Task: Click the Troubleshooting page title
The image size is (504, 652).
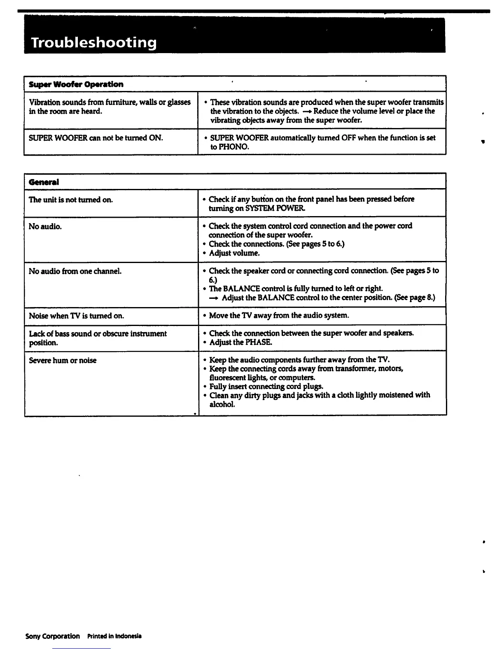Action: pyautogui.click(x=94, y=42)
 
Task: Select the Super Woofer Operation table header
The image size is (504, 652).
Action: pyautogui.click(x=76, y=84)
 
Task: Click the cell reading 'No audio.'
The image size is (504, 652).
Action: pyautogui.click(x=45, y=226)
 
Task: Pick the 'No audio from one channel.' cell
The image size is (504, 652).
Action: pyautogui.click(x=75, y=271)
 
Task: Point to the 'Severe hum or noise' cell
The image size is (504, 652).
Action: pyautogui.click(x=63, y=361)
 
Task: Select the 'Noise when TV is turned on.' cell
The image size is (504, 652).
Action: pyautogui.click(x=76, y=316)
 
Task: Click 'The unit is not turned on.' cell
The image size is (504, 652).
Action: pyautogui.click(x=71, y=200)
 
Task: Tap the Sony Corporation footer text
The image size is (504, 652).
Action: pyautogui.click(x=53, y=636)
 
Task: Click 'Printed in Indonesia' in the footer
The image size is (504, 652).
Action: pyautogui.click(x=114, y=636)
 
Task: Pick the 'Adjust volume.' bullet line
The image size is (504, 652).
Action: pyautogui.click(x=234, y=253)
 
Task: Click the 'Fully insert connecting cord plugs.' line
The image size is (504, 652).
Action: pyautogui.click(x=266, y=387)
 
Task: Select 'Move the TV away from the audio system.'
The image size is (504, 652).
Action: pyautogui.click(x=279, y=316)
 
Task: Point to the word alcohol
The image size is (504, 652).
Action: pyautogui.click(x=222, y=405)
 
